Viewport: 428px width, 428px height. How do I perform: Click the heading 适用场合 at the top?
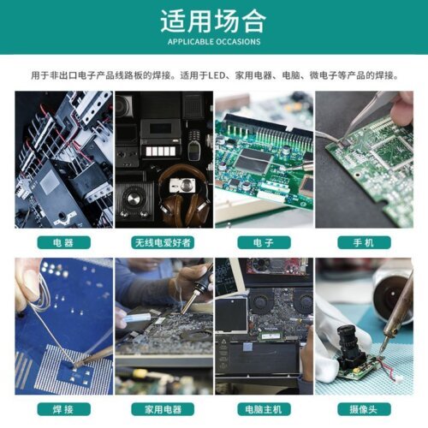214,21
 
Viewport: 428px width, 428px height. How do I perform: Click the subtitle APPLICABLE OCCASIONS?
214,41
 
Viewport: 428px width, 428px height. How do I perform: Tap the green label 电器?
62,242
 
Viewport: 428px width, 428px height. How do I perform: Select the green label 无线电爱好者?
163,242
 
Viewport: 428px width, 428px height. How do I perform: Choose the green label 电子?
264,242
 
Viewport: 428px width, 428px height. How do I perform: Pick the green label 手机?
364,242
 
